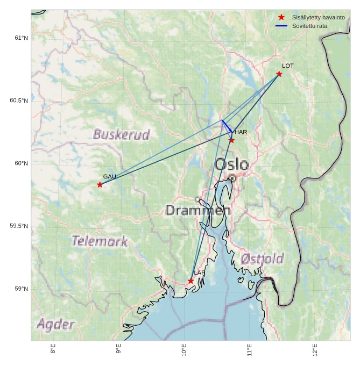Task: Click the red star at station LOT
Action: point(279,74)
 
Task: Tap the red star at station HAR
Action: point(231,140)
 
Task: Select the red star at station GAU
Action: point(100,184)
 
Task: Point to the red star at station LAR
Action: point(190,281)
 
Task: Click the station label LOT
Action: point(288,66)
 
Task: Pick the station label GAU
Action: point(110,176)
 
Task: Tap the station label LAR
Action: point(200,273)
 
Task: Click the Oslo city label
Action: point(232,164)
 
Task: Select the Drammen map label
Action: point(197,210)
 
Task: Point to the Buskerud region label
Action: point(121,134)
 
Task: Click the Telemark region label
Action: point(100,241)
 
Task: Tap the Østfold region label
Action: point(262,259)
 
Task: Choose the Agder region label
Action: point(55,324)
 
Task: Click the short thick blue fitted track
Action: point(227,126)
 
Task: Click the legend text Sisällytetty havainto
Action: point(318,18)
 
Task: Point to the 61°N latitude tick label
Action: point(20,38)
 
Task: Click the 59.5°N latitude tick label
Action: point(19,226)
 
